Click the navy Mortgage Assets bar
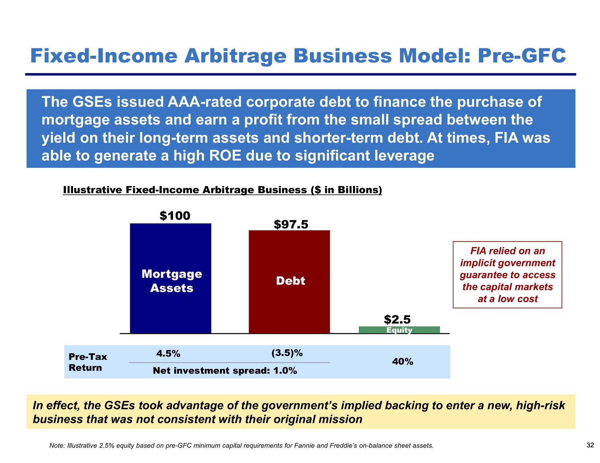click(170, 278)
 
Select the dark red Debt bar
click(289, 282)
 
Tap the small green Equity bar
click(399, 330)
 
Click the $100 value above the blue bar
click(175, 216)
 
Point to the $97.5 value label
click(291, 224)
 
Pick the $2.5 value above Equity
click(397, 319)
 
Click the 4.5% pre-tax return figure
click(168, 353)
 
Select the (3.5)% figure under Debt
click(287, 353)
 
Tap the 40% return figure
click(403, 362)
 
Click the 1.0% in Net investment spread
click(285, 371)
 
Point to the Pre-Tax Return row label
click(88, 362)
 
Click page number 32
click(590, 445)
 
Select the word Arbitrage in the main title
click(235, 56)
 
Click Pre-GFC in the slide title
click(521, 56)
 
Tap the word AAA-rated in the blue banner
click(205, 102)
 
